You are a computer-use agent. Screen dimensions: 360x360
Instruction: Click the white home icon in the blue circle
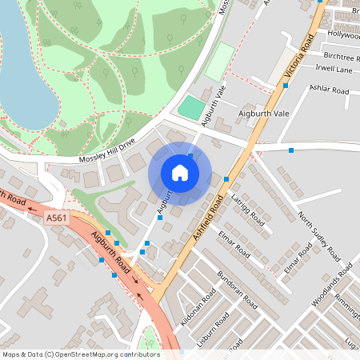[180, 173]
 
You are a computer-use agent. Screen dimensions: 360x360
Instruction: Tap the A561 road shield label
[56, 218]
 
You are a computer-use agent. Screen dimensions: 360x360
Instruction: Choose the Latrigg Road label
[246, 204]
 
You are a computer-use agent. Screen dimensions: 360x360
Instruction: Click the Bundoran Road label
[236, 292]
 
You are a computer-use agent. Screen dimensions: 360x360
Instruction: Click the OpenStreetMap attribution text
[80, 354]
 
